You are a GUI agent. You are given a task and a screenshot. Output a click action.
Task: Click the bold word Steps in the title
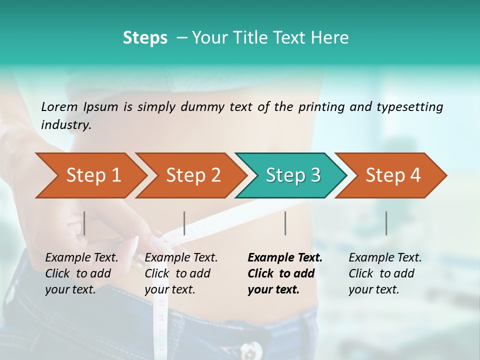tap(145, 38)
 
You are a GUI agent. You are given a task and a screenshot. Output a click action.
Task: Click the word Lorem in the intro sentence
tap(59, 106)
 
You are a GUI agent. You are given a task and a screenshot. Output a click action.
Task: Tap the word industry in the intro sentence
tap(66, 124)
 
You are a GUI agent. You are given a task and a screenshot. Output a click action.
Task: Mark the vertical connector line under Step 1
tap(84, 223)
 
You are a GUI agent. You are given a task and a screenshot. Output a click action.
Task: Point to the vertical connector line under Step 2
tap(184, 223)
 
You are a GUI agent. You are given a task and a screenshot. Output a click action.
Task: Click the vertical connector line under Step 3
tap(285, 223)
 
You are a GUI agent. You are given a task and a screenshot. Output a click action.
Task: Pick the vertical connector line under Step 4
tap(386, 223)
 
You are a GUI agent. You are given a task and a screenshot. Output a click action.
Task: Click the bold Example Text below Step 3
tap(285, 258)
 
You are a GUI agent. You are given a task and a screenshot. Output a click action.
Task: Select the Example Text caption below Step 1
tap(82, 258)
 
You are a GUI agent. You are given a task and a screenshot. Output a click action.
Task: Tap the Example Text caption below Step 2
tap(181, 258)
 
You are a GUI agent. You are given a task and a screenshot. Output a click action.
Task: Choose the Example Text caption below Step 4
tap(385, 258)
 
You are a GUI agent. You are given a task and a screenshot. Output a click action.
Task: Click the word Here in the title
tap(332, 38)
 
